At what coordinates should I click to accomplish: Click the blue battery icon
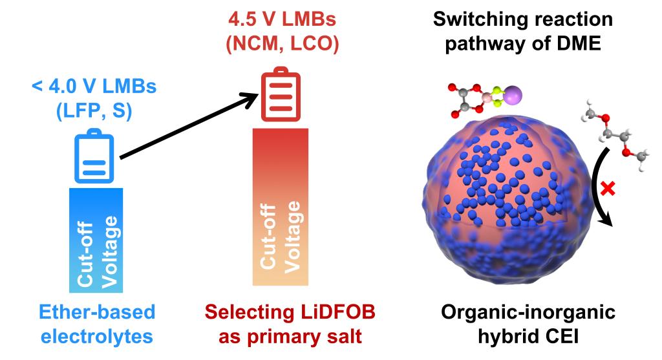tap(95, 158)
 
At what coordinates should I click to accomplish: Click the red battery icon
tap(280, 96)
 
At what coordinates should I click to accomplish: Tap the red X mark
tap(606, 190)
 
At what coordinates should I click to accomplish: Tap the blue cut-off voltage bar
tap(94, 239)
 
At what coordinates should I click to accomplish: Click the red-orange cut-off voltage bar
tap(279, 207)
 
